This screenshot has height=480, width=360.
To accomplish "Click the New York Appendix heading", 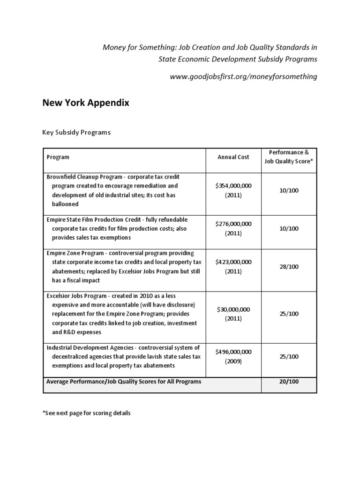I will coord(86,103).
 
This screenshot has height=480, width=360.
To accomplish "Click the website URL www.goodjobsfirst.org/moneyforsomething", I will coord(244,76).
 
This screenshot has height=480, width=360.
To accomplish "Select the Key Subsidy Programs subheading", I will coord(76,132).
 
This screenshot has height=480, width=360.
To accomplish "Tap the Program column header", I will coord(58,157).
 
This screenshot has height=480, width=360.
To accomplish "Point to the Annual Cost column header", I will coord(233,157).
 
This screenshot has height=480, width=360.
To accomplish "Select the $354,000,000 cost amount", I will coord(233,186).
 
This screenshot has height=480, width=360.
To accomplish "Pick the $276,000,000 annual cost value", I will coord(233,224).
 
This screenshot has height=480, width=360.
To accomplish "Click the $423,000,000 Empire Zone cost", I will coord(233,262).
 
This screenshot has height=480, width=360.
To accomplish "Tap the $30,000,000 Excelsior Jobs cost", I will coord(233,309).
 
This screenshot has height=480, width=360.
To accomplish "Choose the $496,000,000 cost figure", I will coord(233,352).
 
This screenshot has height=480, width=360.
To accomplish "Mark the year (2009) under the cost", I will coord(233,361).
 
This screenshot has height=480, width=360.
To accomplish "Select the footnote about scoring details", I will coord(86,413).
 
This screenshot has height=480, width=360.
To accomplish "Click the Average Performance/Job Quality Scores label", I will coord(124,382).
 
